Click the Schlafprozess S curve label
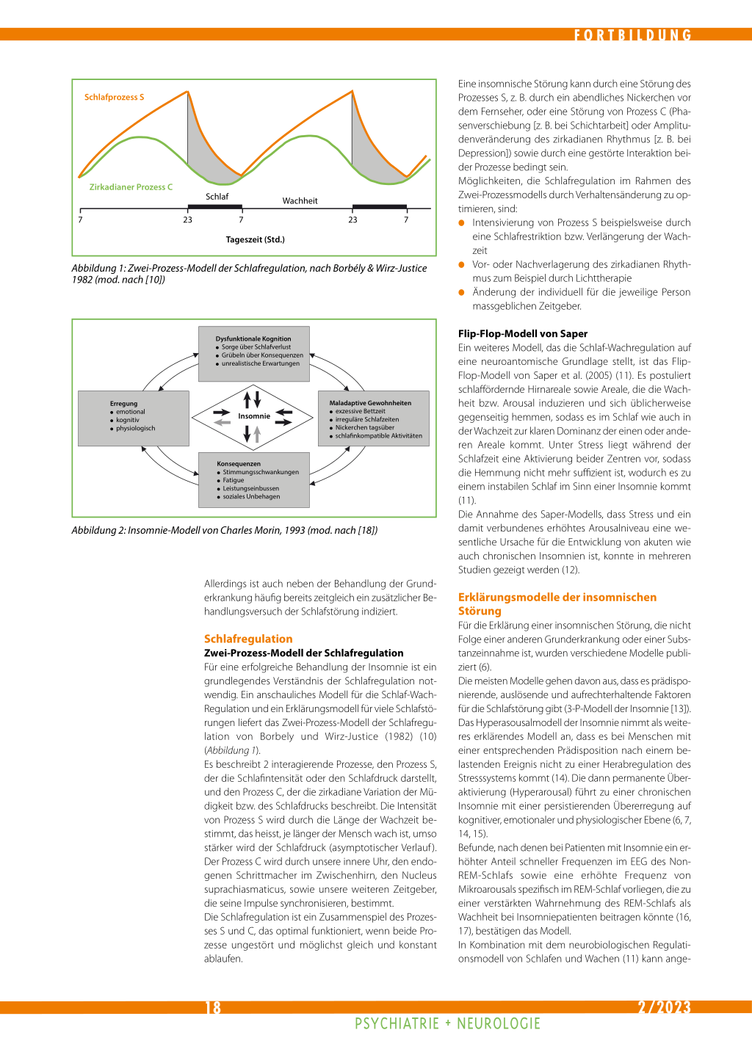(114, 97)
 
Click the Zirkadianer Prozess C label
(131, 187)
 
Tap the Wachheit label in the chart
(300, 201)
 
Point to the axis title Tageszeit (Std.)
(255, 239)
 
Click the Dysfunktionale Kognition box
(253, 353)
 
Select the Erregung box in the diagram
(134, 418)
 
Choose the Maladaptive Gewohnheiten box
(373, 418)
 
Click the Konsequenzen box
(253, 479)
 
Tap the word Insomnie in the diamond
(254, 416)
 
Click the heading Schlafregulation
(248, 639)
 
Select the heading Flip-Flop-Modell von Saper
(523, 333)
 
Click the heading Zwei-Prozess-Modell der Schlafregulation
(303, 653)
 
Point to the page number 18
(213, 1007)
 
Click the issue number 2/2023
(664, 1007)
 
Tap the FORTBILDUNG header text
(632, 35)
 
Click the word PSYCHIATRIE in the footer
(397, 1023)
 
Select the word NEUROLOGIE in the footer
(499, 1023)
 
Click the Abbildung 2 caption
(224, 530)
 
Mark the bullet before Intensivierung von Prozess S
(462, 222)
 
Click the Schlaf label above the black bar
(217, 197)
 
